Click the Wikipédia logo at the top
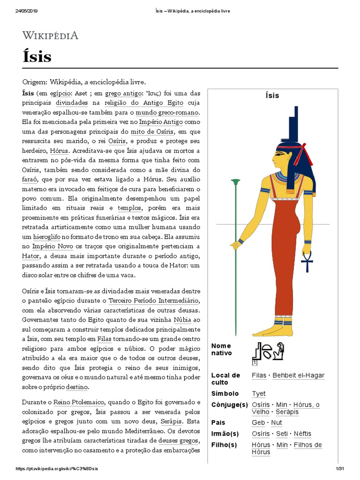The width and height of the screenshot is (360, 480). (51, 35)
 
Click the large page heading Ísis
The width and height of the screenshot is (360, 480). (37, 57)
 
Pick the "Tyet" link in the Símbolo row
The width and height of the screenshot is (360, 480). (259, 394)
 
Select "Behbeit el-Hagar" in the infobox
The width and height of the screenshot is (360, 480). (299, 375)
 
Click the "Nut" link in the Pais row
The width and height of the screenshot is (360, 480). (277, 423)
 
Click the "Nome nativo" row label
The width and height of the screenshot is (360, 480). (222, 349)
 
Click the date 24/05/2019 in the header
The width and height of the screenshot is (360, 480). (26, 11)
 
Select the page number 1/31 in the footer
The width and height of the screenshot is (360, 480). (340, 469)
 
